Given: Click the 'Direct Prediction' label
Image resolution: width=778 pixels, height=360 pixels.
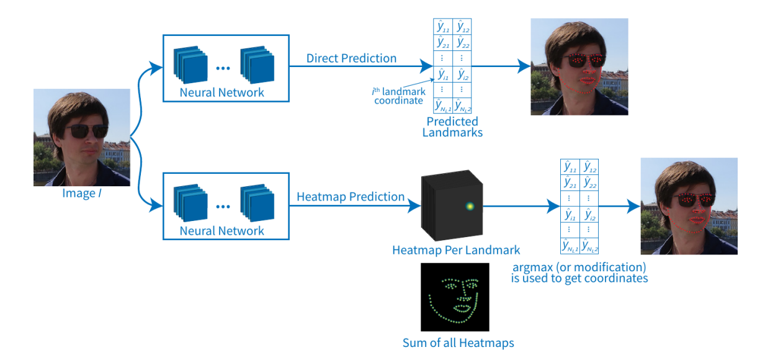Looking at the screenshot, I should tap(351, 58).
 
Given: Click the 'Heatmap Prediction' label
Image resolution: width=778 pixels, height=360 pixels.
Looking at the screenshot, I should tap(351, 197).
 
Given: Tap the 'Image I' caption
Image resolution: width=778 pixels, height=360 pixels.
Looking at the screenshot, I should tap(78, 193).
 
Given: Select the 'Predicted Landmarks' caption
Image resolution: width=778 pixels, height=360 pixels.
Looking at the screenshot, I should tap(452, 127).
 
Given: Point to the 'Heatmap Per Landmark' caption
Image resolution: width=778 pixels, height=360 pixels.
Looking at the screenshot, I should tap(456, 250).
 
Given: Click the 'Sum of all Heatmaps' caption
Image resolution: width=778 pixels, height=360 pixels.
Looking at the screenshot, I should tap(458, 343).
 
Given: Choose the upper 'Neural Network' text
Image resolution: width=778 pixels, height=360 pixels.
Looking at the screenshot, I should tap(222, 92).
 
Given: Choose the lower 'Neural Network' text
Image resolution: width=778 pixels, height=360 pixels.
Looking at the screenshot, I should tap(222, 231).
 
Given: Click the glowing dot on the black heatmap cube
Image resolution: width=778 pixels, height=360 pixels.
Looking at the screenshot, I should tap(469, 207).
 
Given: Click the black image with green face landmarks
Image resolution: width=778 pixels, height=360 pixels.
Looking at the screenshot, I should tap(455, 297).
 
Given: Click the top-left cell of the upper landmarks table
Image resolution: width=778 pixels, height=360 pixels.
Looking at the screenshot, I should tap(442, 27).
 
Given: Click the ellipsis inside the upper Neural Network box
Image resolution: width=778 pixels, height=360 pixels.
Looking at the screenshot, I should tap(223, 65).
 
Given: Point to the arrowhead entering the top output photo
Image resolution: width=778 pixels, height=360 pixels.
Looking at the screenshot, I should tap(525, 65).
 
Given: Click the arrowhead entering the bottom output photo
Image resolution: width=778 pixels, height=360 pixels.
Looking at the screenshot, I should tap(635, 207).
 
